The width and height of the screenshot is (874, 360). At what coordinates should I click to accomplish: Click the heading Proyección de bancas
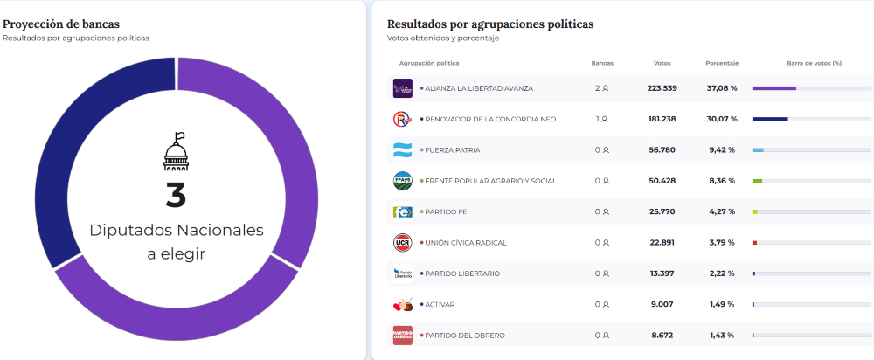[61, 24]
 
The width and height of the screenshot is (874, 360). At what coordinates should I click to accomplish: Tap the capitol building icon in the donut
[176, 152]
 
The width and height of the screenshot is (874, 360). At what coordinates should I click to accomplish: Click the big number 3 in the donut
[176, 195]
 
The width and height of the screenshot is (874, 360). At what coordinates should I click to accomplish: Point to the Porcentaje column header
[722, 63]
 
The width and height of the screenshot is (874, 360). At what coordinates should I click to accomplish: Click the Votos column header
[662, 63]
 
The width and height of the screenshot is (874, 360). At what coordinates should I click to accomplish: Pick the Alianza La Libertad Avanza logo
[402, 88]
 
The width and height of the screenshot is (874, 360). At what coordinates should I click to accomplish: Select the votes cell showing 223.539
[662, 88]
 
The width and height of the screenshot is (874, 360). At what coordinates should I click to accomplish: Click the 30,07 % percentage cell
[722, 119]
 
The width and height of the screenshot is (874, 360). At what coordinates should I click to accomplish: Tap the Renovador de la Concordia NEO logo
[402, 119]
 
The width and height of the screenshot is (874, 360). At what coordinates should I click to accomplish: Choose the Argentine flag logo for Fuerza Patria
[402, 150]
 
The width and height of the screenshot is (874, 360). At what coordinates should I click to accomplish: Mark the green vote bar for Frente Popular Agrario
[757, 181]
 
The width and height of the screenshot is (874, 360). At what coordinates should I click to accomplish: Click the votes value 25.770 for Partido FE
[662, 211]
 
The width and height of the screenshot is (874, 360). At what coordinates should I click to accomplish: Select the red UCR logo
[402, 242]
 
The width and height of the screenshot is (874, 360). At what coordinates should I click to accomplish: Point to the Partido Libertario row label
[461, 273]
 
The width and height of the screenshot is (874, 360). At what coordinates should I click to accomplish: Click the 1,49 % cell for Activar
[722, 304]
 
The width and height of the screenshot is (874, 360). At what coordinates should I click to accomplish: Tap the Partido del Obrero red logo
[402, 335]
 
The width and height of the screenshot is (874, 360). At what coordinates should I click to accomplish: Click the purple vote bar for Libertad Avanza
[773, 88]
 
